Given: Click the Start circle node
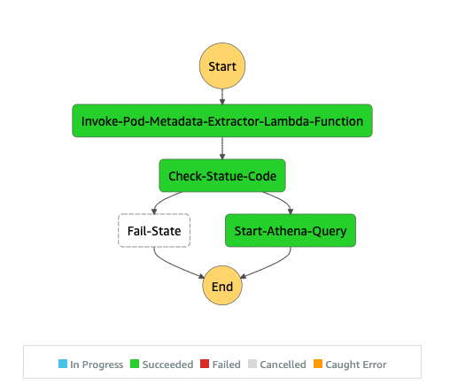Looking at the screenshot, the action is pyautogui.click(x=222, y=65).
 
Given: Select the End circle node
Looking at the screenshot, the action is pyautogui.click(x=222, y=286).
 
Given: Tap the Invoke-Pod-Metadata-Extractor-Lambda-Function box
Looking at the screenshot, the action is pyautogui.click(x=222, y=120).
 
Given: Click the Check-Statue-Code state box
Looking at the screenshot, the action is pyautogui.click(x=222, y=176).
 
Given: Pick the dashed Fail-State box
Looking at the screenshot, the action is pyautogui.click(x=154, y=231).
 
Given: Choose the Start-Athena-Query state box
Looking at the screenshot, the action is pyautogui.click(x=291, y=231).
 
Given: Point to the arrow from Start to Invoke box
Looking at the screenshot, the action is pyautogui.click(x=222, y=96).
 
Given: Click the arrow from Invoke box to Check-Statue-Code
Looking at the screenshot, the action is pyautogui.click(x=222, y=149).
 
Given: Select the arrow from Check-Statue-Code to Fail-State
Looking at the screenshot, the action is pyautogui.click(x=163, y=199).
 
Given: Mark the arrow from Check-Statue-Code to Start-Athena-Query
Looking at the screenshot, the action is pyautogui.click(x=282, y=199).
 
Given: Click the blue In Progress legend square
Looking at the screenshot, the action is pyautogui.click(x=63, y=364).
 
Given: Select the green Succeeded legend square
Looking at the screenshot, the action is pyautogui.click(x=135, y=364).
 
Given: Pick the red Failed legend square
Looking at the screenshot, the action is pyautogui.click(x=205, y=364).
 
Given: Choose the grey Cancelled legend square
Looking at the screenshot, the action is pyautogui.click(x=252, y=364).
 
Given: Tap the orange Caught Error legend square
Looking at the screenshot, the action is pyautogui.click(x=318, y=364).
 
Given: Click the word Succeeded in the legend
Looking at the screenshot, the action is pyautogui.click(x=167, y=365).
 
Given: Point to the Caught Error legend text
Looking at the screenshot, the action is pyautogui.click(x=356, y=365).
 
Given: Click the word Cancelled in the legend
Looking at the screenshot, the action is pyautogui.click(x=283, y=365).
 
